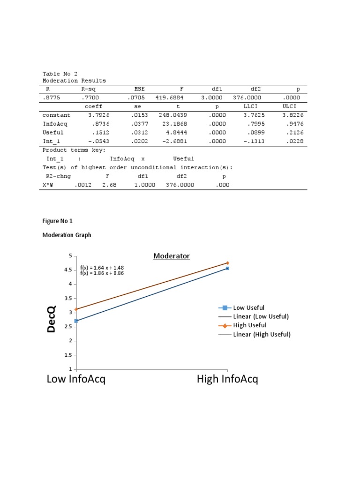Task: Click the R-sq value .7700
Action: [89, 98]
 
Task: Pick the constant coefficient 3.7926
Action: [97, 115]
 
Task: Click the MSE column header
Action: [139, 89]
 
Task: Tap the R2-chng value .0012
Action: [82, 185]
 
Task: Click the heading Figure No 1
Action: [58, 221]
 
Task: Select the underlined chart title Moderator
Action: [172, 256]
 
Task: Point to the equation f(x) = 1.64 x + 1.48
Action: [102, 268]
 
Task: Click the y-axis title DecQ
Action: [51, 319]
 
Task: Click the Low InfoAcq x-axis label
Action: [76, 379]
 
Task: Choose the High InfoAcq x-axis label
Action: [227, 379]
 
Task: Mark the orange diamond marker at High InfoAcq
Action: [228, 263]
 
